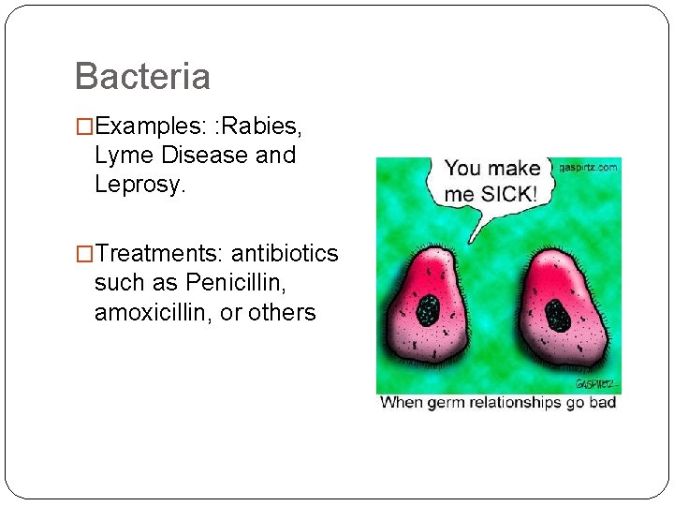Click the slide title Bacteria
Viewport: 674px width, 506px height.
coord(142,76)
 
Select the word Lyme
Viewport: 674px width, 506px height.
coord(125,155)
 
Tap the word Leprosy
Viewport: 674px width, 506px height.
coord(140,185)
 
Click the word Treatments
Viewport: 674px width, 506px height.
coord(159,253)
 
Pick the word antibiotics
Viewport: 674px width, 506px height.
coord(285,253)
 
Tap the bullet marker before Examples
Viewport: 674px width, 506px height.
coord(84,126)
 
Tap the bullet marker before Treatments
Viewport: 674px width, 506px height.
coord(84,254)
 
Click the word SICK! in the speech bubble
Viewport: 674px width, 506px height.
coord(506,194)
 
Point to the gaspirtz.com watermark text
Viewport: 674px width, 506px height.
coord(588,168)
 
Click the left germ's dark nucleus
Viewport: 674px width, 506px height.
coord(429,309)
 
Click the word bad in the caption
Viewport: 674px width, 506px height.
coord(605,402)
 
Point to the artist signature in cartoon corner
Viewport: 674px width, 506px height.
coord(595,385)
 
